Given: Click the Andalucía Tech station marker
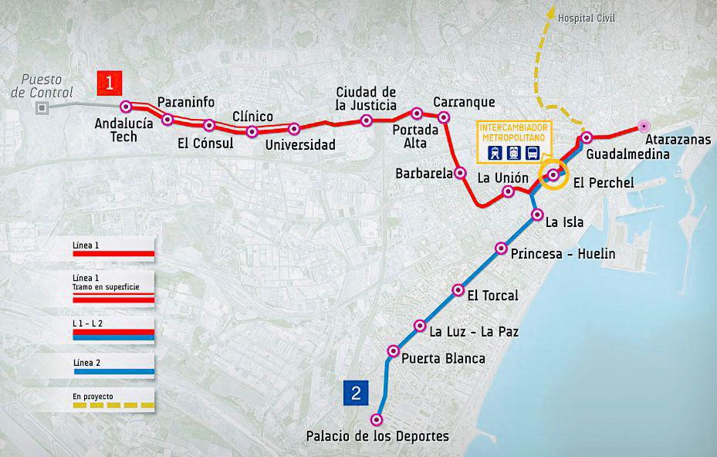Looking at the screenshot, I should [x=126, y=107].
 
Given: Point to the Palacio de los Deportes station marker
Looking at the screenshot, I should [x=377, y=420].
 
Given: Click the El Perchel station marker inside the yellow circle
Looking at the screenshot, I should [x=553, y=174].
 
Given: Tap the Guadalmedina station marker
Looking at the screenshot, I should [x=587, y=138].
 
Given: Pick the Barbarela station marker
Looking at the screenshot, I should [x=460, y=173].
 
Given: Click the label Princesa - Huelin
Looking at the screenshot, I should [x=563, y=254].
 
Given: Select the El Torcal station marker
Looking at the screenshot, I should [x=458, y=291].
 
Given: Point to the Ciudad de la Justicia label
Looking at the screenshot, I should [x=366, y=99].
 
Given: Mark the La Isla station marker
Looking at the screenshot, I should [x=536, y=215].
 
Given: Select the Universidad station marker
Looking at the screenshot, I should [x=293, y=129].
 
